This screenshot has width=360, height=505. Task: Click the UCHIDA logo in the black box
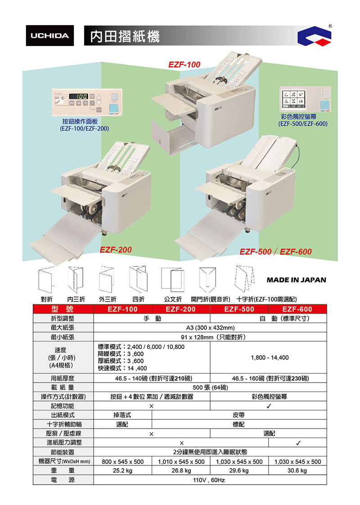click(50, 36)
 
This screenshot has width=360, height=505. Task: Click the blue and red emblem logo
click(314, 36)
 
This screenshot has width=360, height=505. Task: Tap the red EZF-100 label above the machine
click(184, 64)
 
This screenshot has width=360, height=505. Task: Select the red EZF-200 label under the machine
click(116, 250)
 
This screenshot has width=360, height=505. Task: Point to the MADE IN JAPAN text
click(296, 280)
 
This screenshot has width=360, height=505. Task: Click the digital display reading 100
click(78, 96)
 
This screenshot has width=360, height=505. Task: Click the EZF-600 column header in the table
click(297, 309)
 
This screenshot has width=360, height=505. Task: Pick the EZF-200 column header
click(180, 309)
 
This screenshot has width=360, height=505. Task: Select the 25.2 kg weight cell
click(122, 470)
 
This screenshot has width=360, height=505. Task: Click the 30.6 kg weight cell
click(297, 470)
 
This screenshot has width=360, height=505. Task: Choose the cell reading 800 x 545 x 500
click(123, 461)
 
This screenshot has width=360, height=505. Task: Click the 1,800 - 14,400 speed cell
click(270, 357)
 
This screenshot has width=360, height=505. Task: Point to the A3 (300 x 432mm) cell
click(210, 328)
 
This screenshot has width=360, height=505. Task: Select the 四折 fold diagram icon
click(138, 279)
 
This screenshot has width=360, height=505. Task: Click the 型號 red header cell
click(63, 309)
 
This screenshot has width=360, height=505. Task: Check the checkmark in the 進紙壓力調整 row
click(298, 443)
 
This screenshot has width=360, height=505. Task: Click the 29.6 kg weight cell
click(239, 470)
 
